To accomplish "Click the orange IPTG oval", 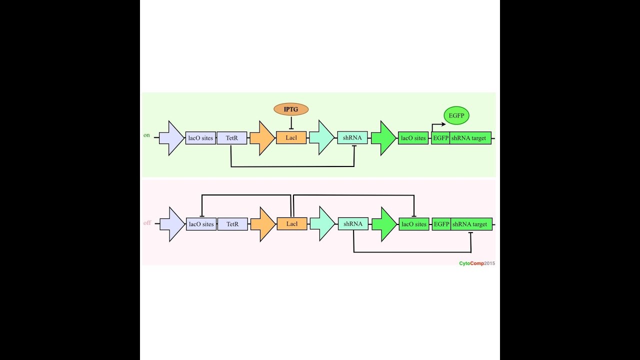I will [x=291, y=109].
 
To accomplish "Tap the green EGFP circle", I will [x=456, y=115].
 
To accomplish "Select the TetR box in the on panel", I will [x=232, y=138].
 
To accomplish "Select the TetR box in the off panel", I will [x=232, y=224].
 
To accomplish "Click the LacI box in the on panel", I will [x=291, y=138].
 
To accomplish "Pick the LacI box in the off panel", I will [x=292, y=224].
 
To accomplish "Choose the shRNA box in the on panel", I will [x=352, y=138].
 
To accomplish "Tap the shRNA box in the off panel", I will [x=353, y=224].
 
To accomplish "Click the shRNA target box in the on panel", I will [x=470, y=138].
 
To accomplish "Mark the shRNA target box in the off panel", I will [x=471, y=224].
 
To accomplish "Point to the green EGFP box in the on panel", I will [x=440, y=138].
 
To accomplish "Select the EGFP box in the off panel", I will [x=441, y=224].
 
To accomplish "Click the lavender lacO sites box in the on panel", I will [x=200, y=138].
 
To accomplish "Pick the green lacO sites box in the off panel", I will [x=414, y=224].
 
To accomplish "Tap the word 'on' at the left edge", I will [x=146, y=135].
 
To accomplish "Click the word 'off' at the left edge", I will [x=147, y=223].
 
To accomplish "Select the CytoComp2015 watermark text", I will [x=477, y=263].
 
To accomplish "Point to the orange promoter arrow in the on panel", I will [x=261, y=138].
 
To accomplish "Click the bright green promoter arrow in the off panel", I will [x=383, y=224].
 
